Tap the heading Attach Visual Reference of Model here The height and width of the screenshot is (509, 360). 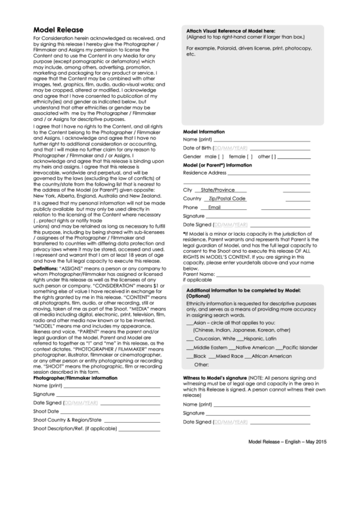click(230, 31)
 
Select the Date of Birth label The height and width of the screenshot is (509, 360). click(198, 147)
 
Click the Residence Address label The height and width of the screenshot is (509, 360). click(204, 173)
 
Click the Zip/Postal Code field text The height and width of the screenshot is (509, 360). click(228, 198)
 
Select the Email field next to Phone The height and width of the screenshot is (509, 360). click(214, 207)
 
